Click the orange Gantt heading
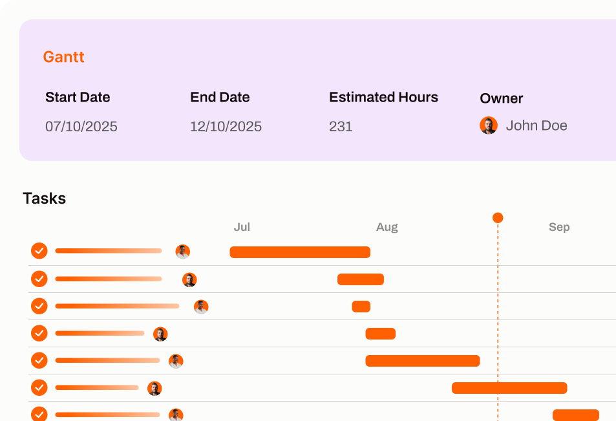(63, 57)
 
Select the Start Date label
(78, 98)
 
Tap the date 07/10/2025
(81, 126)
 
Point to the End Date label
(220, 98)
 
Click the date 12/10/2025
(226, 126)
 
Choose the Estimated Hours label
(383, 98)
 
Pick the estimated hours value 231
(341, 126)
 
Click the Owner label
(501, 98)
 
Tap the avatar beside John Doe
(489, 125)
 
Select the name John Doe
(536, 125)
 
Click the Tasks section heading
(44, 199)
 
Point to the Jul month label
(242, 227)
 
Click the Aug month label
(387, 227)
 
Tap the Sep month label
(559, 227)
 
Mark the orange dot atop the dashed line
(498, 218)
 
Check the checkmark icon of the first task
(39, 251)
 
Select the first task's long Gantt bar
(300, 252)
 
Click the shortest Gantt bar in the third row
(361, 307)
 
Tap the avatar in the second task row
(189, 280)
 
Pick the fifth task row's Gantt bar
(422, 361)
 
